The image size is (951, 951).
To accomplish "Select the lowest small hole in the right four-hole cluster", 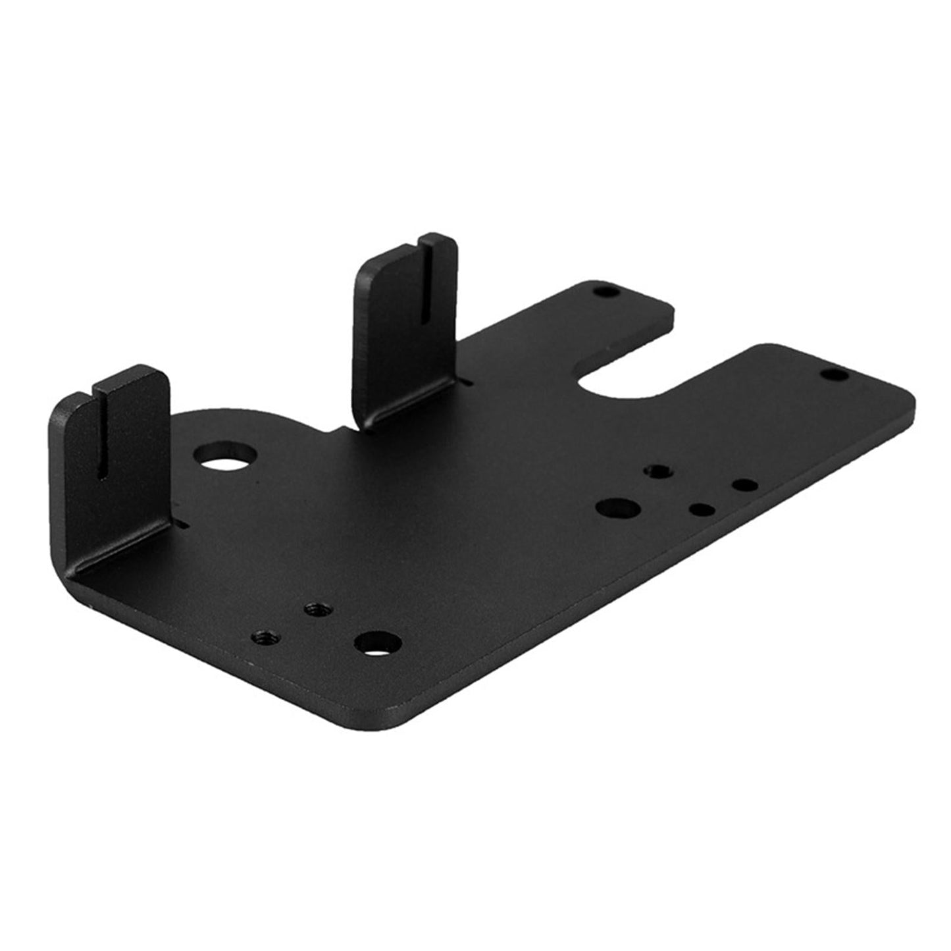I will [x=702, y=509].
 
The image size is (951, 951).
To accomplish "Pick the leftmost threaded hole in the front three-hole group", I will [x=266, y=636].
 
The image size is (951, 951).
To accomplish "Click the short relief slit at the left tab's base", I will [x=182, y=525].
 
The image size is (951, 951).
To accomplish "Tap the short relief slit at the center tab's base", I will [x=466, y=381].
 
